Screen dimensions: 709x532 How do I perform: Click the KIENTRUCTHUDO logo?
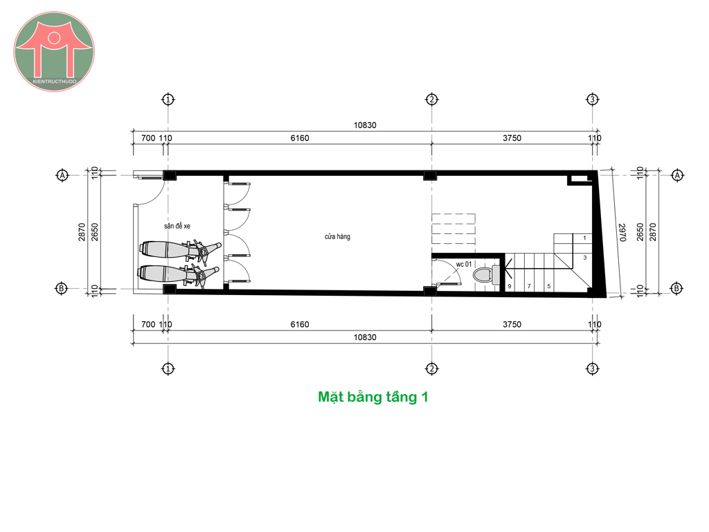tap(54, 51)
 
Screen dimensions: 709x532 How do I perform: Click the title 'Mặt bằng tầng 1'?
tap(373, 397)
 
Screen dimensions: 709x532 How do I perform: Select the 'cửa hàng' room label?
tap(337, 237)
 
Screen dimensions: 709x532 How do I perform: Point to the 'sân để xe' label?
tap(177, 226)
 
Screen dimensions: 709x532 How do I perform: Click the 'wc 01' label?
tap(463, 264)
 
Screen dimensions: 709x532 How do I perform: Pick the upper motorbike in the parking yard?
tap(181, 250)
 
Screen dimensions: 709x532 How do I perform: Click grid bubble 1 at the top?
tap(168, 100)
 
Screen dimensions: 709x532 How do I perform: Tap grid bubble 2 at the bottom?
tap(432, 369)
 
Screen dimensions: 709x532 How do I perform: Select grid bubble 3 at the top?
tap(593, 100)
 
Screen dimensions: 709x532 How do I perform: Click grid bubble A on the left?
tap(62, 175)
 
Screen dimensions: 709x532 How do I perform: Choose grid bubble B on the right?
tap(677, 288)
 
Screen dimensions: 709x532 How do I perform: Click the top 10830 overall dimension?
tap(365, 125)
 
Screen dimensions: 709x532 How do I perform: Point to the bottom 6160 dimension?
tap(300, 324)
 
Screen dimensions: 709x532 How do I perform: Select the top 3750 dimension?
tap(512, 138)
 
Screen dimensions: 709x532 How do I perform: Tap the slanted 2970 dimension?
tap(622, 233)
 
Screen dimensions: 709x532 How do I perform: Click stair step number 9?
tap(510, 286)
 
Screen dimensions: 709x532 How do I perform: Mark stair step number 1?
tap(584, 238)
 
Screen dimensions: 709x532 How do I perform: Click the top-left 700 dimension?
tap(148, 138)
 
